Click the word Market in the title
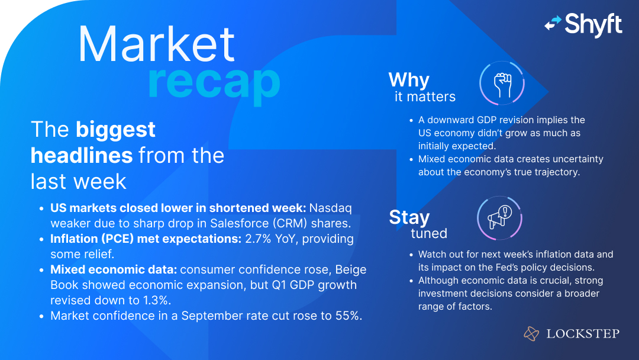157,45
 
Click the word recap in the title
214,83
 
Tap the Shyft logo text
593,24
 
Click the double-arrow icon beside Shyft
553,23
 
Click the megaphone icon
499,218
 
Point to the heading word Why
409,79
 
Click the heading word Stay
409,217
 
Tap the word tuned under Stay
429,233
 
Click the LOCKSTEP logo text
582,334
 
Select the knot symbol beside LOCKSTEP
531,334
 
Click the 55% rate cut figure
346,316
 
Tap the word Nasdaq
331,208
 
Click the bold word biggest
115,129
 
